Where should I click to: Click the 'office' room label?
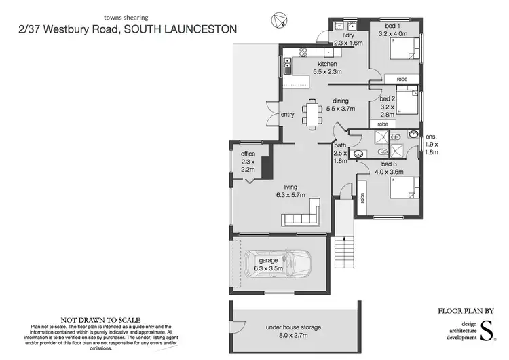248,154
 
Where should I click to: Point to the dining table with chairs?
313,113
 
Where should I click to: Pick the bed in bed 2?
407,103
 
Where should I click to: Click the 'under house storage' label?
293,327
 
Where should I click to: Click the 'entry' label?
288,115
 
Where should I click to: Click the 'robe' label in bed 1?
402,79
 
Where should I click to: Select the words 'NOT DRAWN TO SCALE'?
101,319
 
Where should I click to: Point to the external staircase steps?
345,254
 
